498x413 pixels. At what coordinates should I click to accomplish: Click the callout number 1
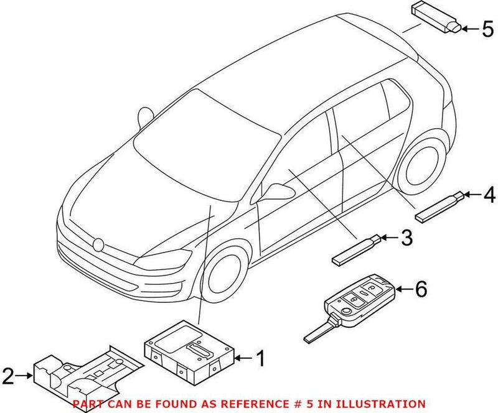[x=261, y=358]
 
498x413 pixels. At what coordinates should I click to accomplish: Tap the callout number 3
[x=406, y=236]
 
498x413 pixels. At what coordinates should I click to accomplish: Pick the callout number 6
[x=421, y=289]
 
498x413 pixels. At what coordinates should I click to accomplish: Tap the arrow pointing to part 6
[x=403, y=289]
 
